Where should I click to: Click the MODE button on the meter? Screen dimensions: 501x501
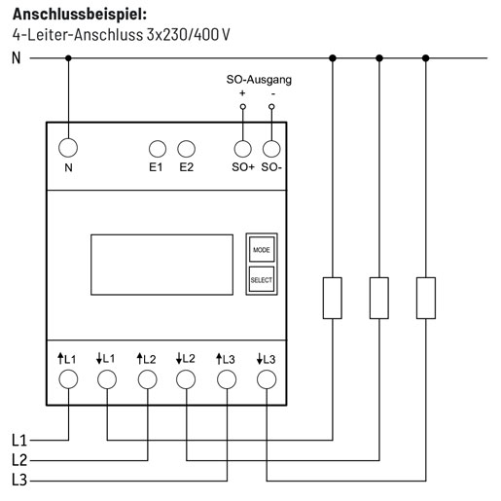pos(262,249)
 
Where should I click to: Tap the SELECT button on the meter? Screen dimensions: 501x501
pos(262,279)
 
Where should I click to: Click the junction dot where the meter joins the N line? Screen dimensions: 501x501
pos(68,58)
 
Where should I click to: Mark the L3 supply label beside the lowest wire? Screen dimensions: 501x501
pos(19,480)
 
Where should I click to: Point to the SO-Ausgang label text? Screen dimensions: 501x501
pos(259,80)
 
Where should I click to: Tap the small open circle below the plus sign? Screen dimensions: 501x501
pos(243,107)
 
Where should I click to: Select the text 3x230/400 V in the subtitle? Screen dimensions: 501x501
pos(189,34)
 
